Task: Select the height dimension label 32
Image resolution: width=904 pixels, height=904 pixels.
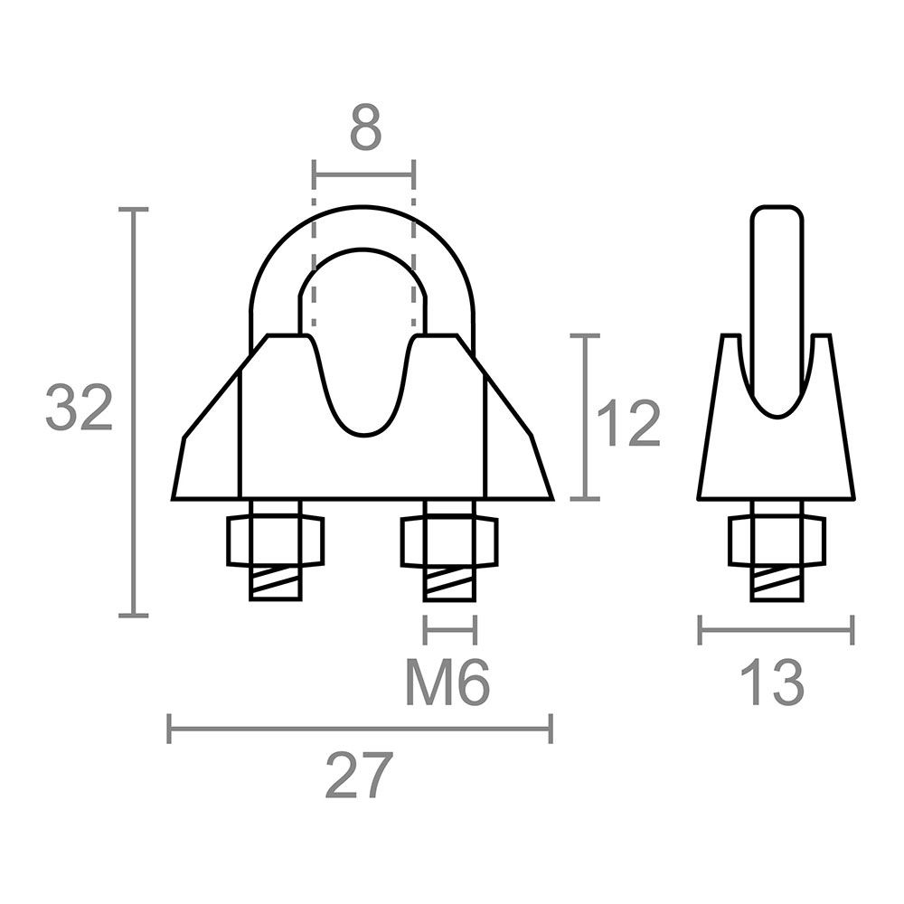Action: pos(79,408)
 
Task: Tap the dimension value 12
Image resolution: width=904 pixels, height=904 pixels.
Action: pos(628,424)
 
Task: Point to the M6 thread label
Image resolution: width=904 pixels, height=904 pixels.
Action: pos(448,683)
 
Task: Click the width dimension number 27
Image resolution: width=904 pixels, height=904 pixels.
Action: pos(359,775)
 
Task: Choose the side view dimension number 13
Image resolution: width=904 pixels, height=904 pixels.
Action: pos(772,683)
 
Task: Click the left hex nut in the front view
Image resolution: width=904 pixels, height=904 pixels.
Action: pos(276,541)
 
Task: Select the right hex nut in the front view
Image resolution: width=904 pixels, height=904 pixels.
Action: pos(449,541)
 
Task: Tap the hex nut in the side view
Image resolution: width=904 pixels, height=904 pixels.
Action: pos(777,541)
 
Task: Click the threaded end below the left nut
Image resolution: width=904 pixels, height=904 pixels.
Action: pos(276,584)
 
